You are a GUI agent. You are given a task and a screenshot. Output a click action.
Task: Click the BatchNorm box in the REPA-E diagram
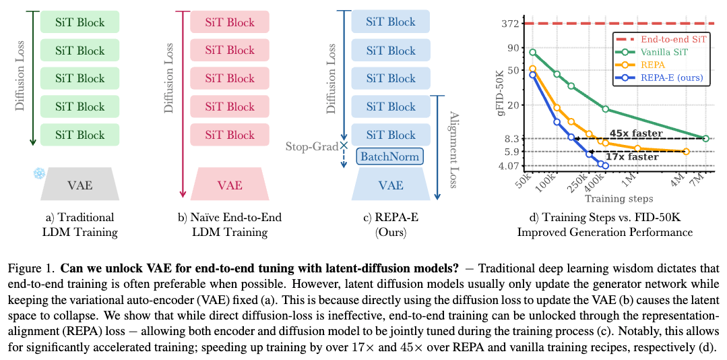pos(390,157)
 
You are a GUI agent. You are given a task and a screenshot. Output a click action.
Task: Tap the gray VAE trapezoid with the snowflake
pos(80,185)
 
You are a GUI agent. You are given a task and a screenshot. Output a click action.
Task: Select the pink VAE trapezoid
pos(229,185)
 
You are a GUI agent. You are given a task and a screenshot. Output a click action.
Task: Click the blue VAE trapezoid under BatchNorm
pos(390,185)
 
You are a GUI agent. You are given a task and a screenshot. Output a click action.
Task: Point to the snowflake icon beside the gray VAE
pos(38,174)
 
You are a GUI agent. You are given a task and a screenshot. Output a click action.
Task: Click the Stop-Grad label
pos(311,146)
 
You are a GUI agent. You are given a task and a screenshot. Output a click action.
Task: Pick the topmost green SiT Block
pos(80,22)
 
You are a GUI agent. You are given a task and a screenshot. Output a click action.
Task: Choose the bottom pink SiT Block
pos(229,134)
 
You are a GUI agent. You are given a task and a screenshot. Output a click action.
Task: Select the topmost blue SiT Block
pos(390,22)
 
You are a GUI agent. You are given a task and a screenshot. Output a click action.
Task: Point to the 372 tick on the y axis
pos(510,24)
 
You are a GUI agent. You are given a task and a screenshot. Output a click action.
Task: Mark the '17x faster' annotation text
pos(633,156)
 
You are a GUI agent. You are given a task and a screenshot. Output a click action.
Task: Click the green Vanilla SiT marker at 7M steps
pos(705,138)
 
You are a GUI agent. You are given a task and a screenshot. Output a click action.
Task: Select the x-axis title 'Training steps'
pos(619,199)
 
